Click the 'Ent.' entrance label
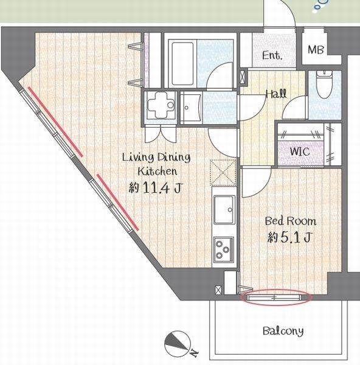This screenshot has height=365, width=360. pyautogui.click(x=272, y=56)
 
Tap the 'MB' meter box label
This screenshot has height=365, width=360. pyautogui.click(x=316, y=50)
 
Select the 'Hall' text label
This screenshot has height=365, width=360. pyautogui.click(x=276, y=94)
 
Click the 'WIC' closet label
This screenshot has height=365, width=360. pyautogui.click(x=299, y=150)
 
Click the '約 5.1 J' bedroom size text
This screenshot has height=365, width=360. pyautogui.click(x=289, y=238)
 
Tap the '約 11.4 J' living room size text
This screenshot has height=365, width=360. pyautogui.click(x=154, y=188)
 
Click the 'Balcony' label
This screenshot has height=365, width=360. pyautogui.click(x=283, y=332)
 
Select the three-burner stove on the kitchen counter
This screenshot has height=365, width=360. pyautogui.click(x=222, y=249)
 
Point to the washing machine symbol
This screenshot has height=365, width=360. pyautogui.click(x=162, y=106)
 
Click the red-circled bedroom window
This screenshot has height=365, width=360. pyautogui.click(x=276, y=298)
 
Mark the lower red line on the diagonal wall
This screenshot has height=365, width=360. pyautogui.click(x=117, y=201)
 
